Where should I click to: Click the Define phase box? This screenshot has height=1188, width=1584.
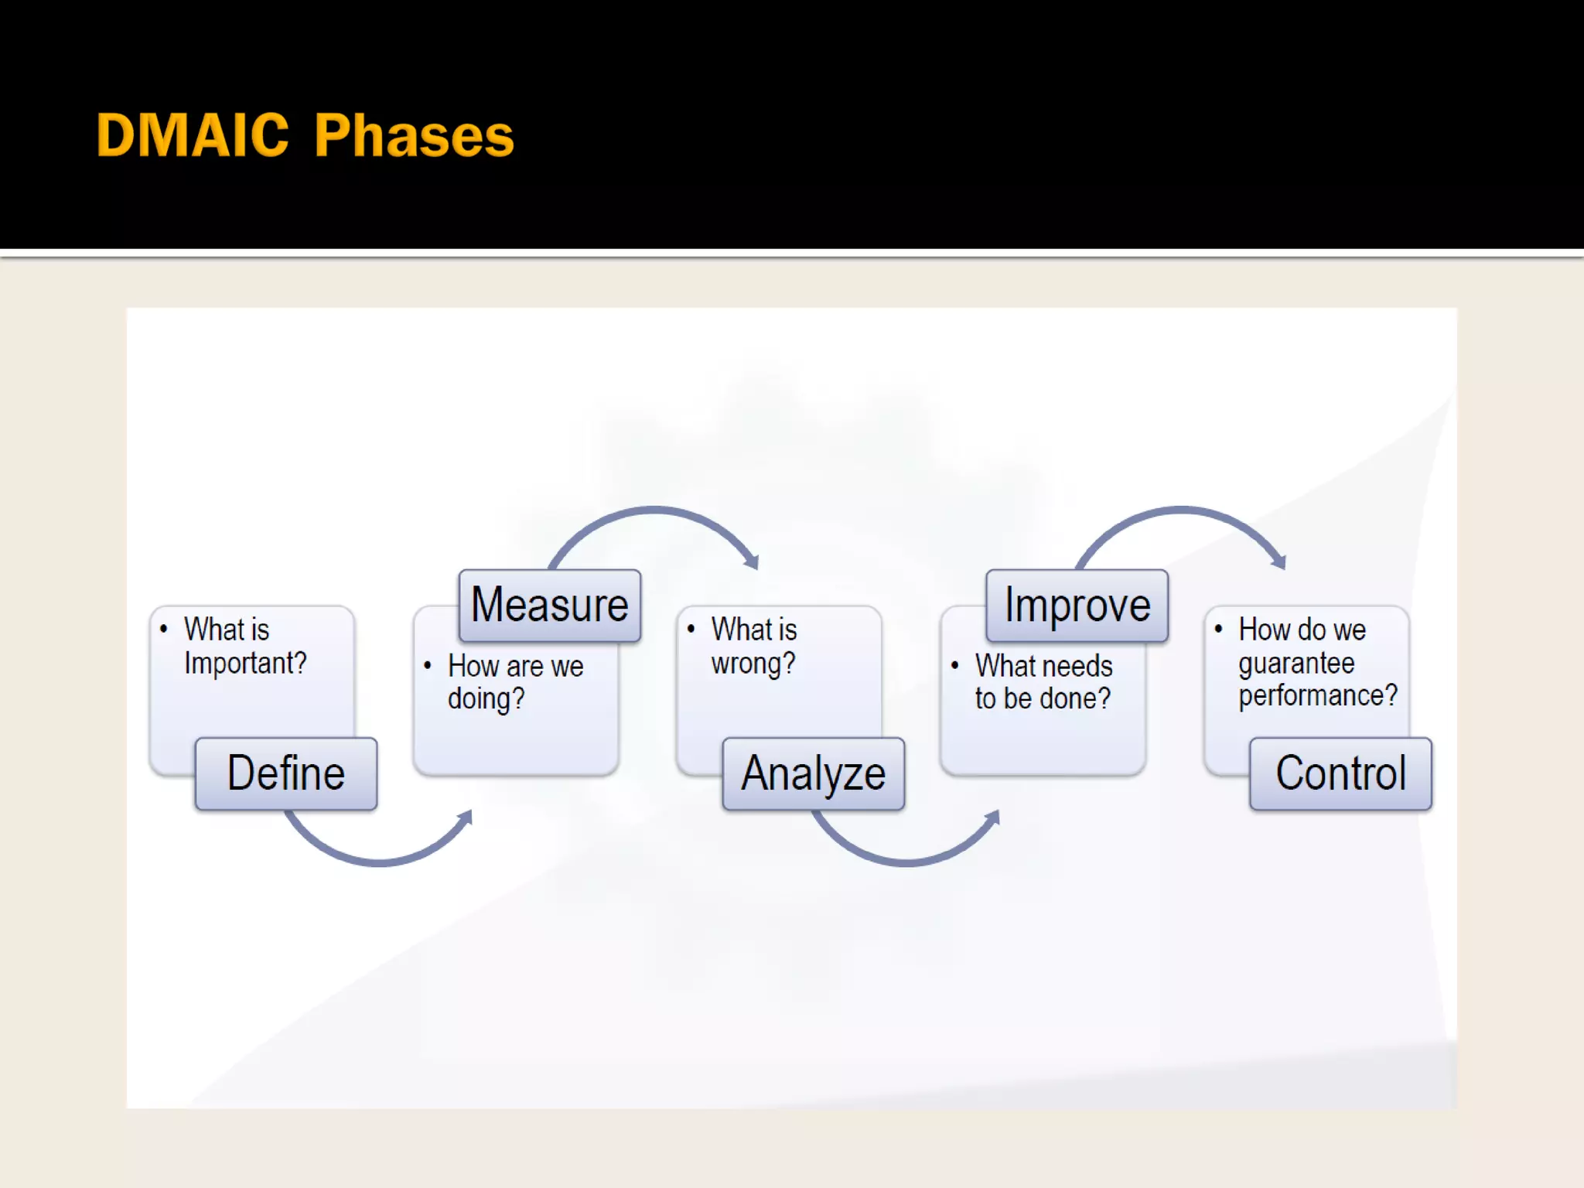point(286,773)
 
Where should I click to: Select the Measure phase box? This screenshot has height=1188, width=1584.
point(549,606)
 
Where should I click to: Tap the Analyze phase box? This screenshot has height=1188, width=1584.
point(813,773)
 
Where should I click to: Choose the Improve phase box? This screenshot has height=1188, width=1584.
point(1077,606)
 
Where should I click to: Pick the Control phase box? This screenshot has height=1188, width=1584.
point(1340,773)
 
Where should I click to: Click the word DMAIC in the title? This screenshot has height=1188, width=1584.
point(193,136)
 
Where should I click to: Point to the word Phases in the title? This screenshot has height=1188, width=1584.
point(414,136)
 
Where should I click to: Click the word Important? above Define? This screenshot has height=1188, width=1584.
point(245,664)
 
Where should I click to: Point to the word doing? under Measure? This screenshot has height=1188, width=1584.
point(486,699)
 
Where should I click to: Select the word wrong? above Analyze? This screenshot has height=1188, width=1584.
point(753,664)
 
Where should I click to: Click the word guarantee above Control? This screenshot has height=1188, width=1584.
point(1296,664)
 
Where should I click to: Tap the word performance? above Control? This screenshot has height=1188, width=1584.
point(1318,696)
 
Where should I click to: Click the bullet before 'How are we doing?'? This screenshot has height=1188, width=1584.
point(428,665)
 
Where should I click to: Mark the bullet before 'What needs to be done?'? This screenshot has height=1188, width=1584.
point(955,665)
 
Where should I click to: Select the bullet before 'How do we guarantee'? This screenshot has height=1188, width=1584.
point(1219,629)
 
